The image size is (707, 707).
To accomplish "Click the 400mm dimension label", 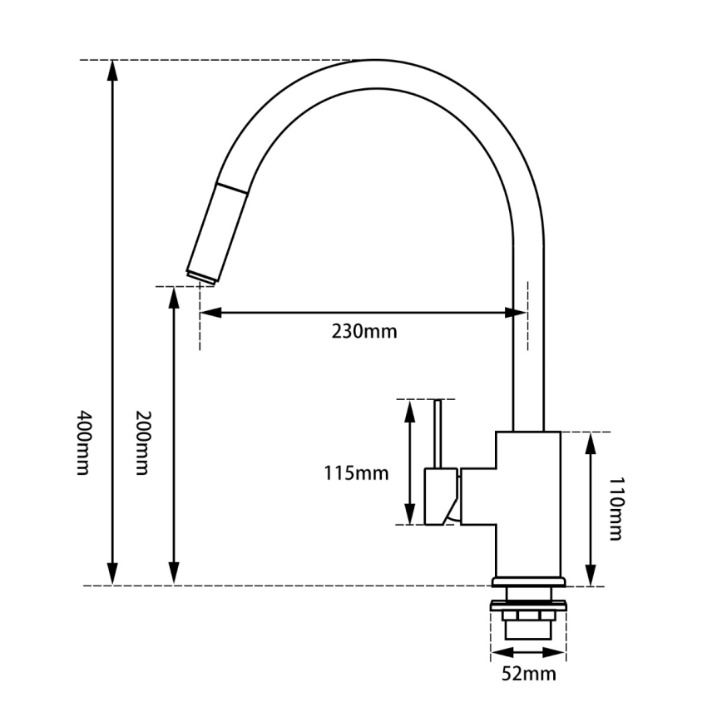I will tap(82, 442).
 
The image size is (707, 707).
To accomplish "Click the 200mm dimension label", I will tap(142, 442).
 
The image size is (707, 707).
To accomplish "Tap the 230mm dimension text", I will tap(364, 332).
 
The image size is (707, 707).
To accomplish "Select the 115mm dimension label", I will tap(356, 473).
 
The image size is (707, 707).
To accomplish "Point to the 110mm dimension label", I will tap(615, 509).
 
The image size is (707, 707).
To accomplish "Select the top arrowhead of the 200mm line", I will tap(174, 297).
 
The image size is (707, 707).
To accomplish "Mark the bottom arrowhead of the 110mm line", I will tap(590, 576).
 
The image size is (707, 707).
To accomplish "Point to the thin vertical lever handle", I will tap(438, 433).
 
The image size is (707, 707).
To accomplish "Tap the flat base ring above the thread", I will tap(530, 581).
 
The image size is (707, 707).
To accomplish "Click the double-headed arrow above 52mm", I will tap(524, 651).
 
